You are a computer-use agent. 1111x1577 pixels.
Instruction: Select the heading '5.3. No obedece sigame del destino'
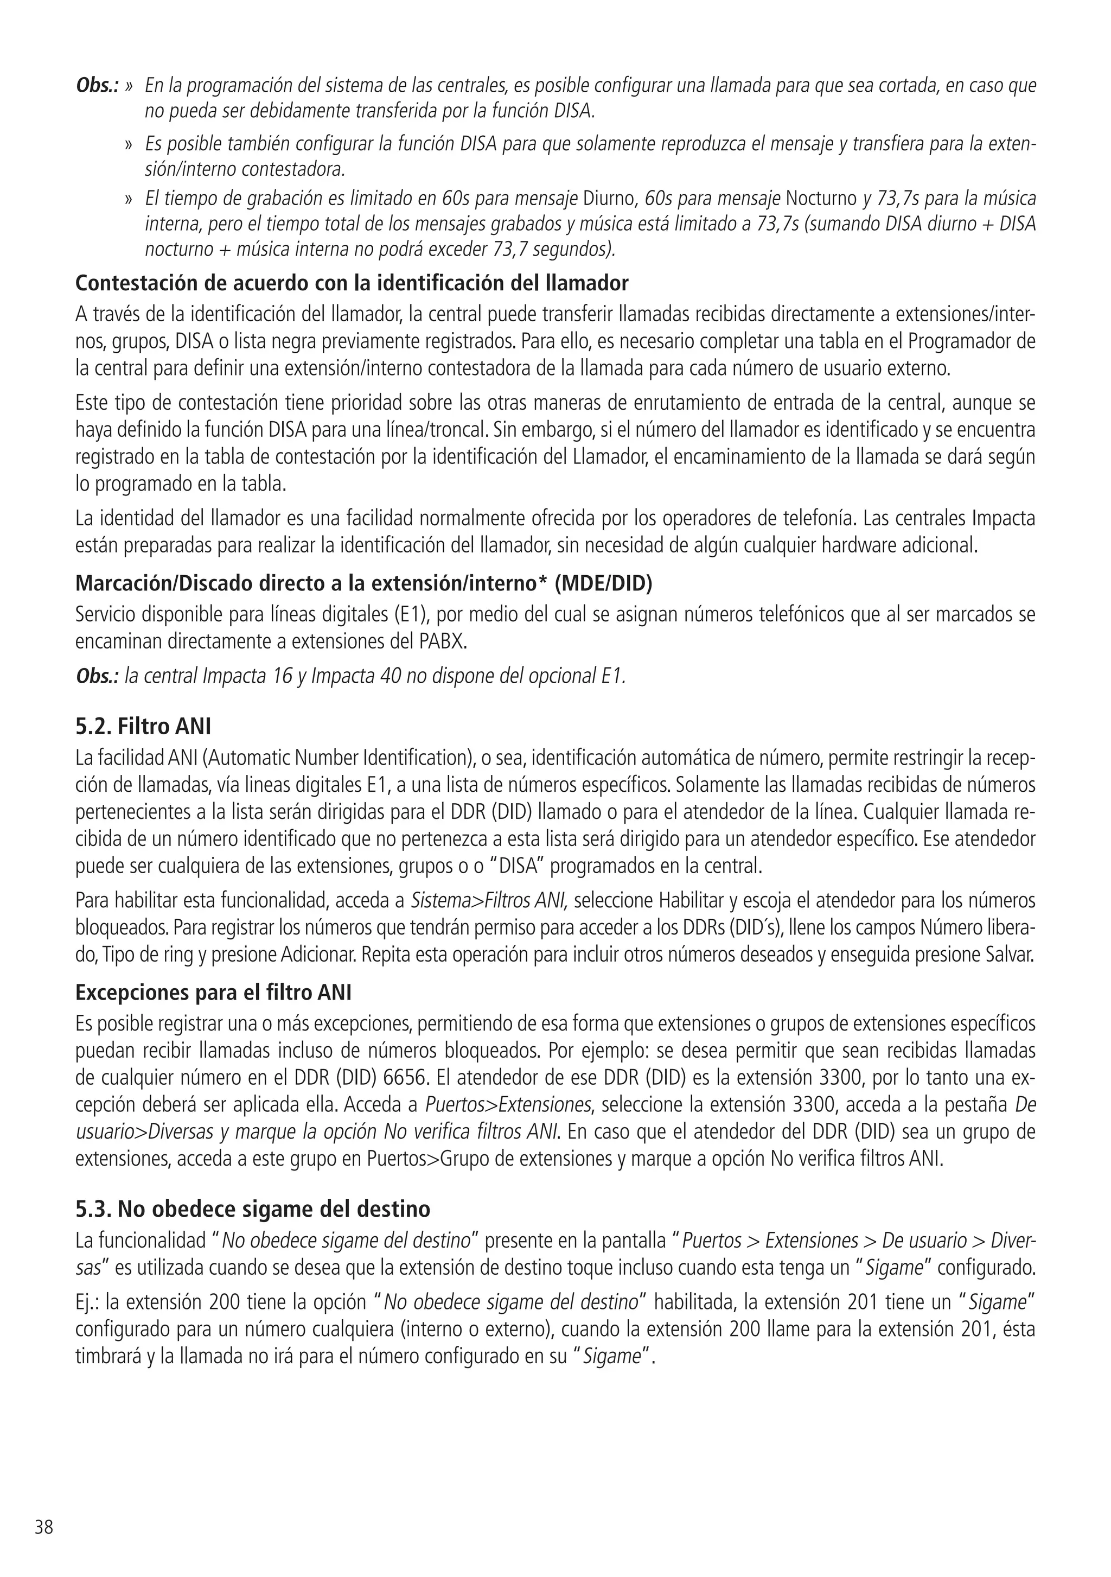coord(253,1208)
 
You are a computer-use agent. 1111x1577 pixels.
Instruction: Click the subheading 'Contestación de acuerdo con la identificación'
coord(352,283)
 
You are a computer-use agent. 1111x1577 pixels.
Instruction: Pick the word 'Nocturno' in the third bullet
coord(821,199)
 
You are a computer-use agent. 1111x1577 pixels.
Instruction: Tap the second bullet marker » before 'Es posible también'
coord(129,145)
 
